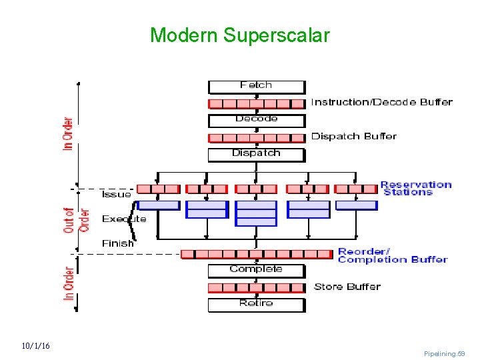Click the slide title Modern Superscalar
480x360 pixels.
pyautogui.click(x=239, y=35)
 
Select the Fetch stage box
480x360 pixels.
pyautogui.click(x=256, y=86)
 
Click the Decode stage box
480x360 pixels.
pyautogui.click(x=256, y=120)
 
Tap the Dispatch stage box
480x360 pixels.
pyautogui.click(x=256, y=154)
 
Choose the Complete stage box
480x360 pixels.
pyautogui.click(x=256, y=270)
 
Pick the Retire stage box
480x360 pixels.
pyautogui.click(x=256, y=304)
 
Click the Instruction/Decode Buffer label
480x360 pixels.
pyautogui.click(x=381, y=103)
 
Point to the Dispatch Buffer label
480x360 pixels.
pyautogui.click(x=353, y=137)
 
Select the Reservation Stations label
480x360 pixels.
pyautogui.click(x=415, y=189)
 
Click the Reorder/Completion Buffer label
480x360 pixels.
pyautogui.click(x=392, y=256)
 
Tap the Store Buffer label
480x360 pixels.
pyautogui.click(x=347, y=287)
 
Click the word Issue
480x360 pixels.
pyautogui.click(x=116, y=195)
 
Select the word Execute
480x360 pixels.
pyautogui.click(x=123, y=219)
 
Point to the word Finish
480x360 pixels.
pyautogui.click(x=117, y=243)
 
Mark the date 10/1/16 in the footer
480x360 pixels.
pyautogui.click(x=35, y=346)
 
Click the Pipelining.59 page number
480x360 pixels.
pyautogui.click(x=444, y=353)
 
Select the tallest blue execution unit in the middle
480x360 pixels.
pyautogui.click(x=256, y=213)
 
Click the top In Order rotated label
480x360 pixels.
pyautogui.click(x=68, y=133)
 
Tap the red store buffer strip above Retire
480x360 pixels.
pyautogui.click(x=256, y=288)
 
